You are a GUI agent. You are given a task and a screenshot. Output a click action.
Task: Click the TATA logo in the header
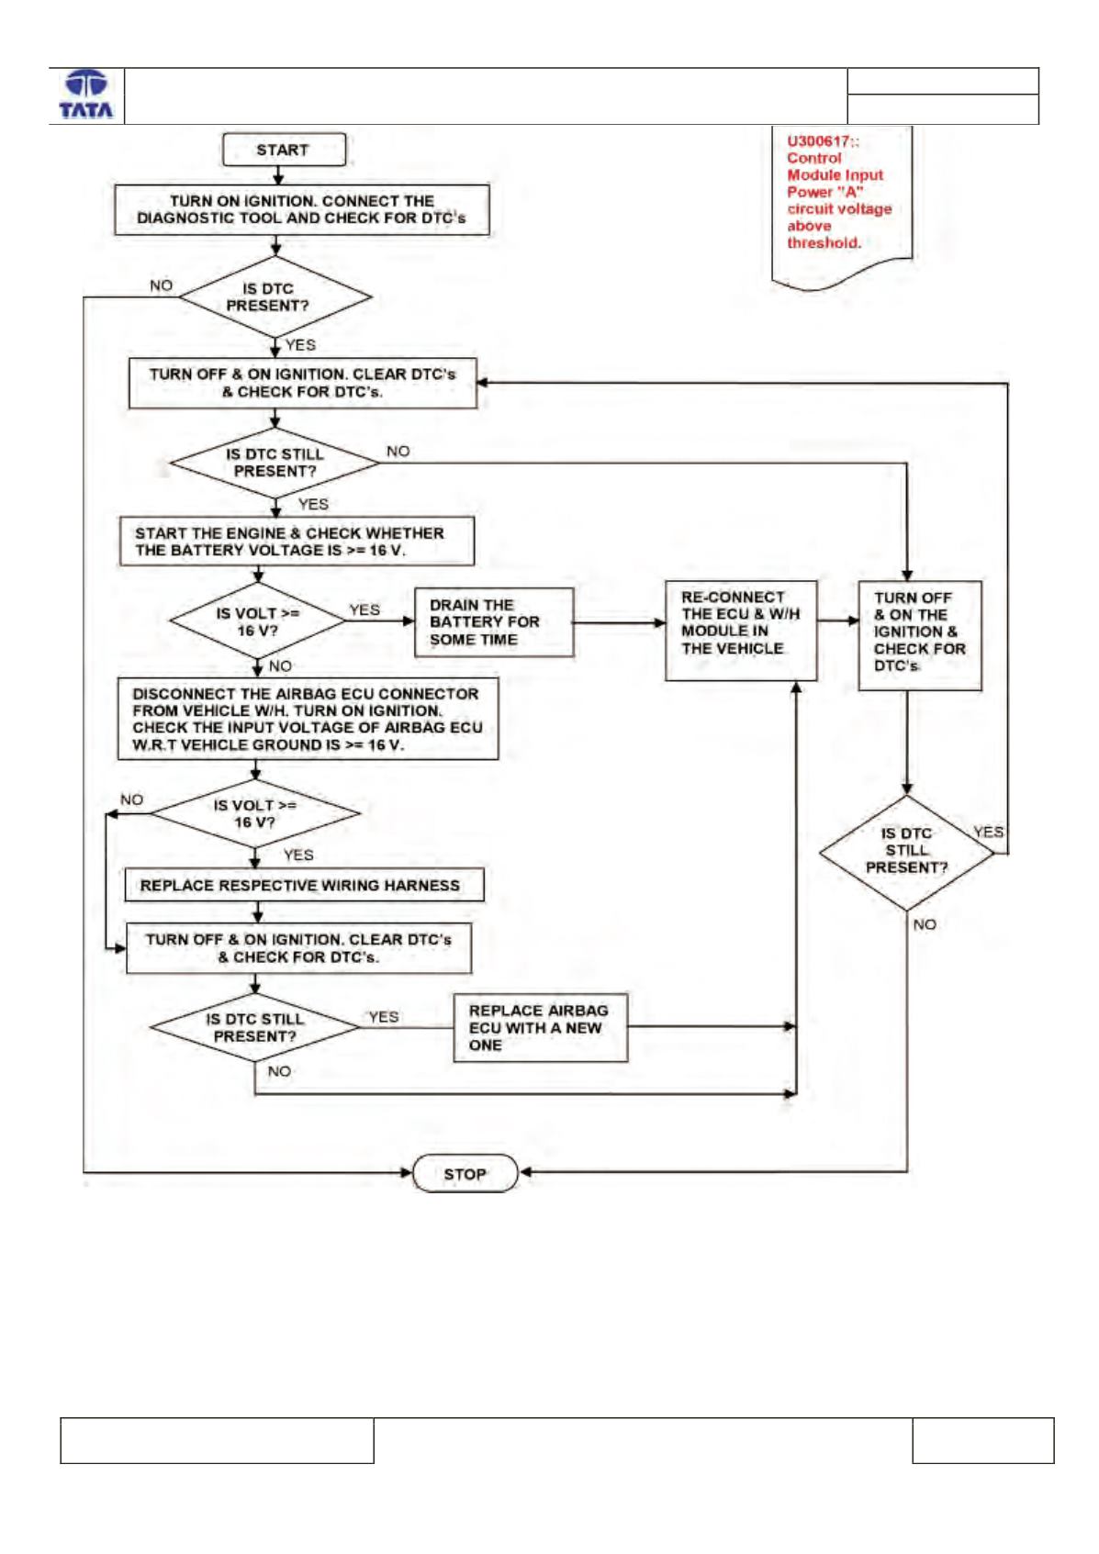pos(86,95)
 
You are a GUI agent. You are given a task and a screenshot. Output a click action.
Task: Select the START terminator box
pos(283,150)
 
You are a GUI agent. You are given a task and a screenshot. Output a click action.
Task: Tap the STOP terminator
pos(465,1173)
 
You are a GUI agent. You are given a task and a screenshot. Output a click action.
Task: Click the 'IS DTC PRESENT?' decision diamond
pos(275,296)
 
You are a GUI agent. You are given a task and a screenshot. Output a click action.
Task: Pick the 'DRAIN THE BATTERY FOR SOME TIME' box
pos(494,622)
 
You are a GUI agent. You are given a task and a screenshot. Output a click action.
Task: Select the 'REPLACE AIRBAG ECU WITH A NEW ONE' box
pos(541,1027)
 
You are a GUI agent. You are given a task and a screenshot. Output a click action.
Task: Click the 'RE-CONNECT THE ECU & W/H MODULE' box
pos(740,631)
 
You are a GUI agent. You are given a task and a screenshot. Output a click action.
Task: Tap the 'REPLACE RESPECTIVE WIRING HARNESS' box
pos(304,885)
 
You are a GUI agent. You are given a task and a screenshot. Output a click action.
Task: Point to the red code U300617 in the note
pos(822,141)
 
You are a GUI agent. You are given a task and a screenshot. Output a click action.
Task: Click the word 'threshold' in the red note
pos(823,243)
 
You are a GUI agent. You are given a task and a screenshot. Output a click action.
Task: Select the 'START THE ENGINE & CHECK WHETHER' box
pos(297,542)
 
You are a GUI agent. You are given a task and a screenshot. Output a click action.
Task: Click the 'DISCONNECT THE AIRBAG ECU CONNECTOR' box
pos(308,719)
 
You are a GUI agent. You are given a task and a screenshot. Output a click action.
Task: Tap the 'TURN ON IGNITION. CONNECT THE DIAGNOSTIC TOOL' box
pos(302,209)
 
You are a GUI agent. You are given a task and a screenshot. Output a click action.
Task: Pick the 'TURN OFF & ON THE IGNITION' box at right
pos(920,635)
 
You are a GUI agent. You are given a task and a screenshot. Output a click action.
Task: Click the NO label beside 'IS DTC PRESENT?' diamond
pos(161,285)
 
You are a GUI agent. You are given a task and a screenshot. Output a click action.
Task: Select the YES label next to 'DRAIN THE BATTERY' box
pos(364,609)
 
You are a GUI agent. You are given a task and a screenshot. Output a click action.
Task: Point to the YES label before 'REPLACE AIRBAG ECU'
pos(384,1017)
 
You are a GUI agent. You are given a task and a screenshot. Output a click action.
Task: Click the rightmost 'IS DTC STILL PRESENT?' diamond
pos(907,853)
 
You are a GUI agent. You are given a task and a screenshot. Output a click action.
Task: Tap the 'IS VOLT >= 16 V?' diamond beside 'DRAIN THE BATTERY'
pos(257,620)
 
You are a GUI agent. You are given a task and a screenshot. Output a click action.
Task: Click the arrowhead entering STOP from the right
pos(525,1172)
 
